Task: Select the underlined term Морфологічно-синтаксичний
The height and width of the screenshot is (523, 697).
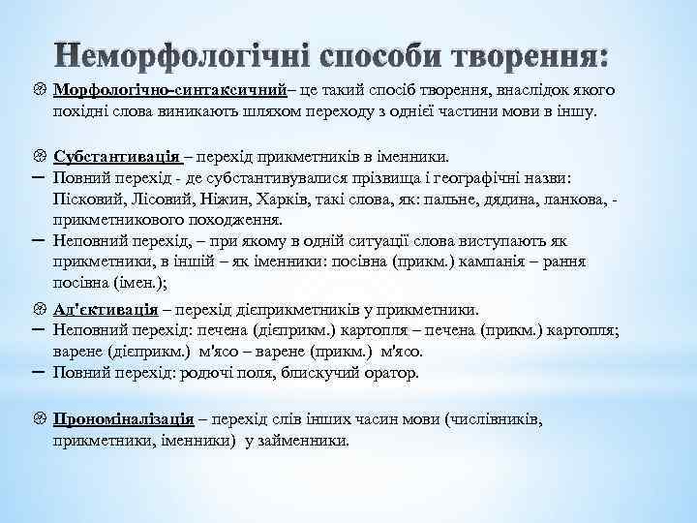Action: (x=170, y=89)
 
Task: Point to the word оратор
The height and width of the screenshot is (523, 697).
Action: (x=388, y=372)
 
